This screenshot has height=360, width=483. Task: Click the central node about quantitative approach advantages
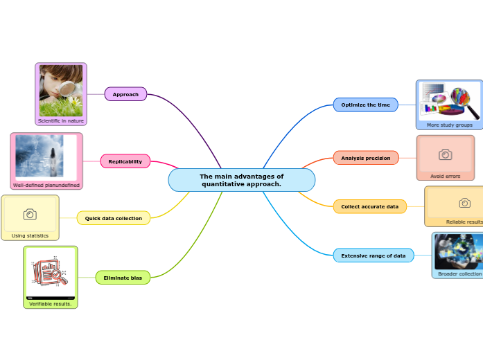coord(241,180)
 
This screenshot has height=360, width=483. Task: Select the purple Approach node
coord(125,94)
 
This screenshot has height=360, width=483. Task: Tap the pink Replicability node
coord(125,161)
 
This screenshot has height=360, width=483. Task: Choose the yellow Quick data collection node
coord(113,218)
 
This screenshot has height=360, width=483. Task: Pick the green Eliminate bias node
coord(122,278)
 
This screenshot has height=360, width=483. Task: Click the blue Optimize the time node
coord(365,105)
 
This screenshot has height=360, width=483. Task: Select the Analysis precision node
coord(365,158)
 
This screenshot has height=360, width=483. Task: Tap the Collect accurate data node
coord(369,206)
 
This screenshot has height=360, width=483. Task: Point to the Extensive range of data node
coord(373,255)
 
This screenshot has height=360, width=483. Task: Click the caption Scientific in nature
coord(61,121)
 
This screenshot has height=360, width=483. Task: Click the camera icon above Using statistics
coord(30,215)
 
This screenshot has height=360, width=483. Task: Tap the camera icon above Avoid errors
coord(445,154)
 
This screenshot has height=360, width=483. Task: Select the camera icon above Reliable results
coord(465,203)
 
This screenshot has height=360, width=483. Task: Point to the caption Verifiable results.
coord(50,303)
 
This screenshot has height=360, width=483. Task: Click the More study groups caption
coord(449,125)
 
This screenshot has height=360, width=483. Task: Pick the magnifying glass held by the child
coord(69,89)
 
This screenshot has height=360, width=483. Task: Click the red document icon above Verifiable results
coord(49,273)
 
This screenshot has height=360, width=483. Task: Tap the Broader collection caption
coord(459,274)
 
